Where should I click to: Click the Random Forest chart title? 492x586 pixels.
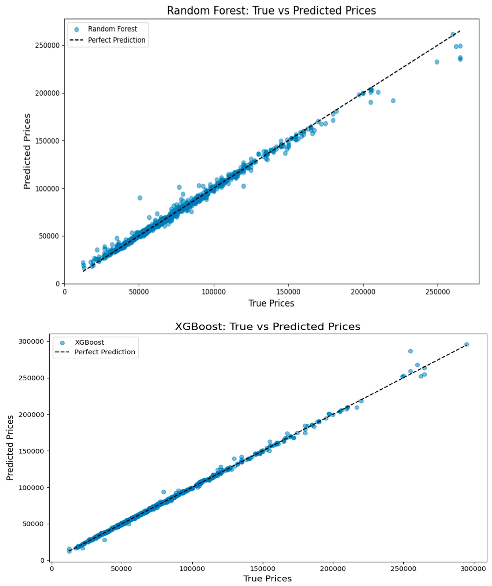coord(271,11)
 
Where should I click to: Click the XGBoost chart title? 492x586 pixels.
coord(267,327)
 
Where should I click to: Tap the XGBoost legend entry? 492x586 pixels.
coord(89,342)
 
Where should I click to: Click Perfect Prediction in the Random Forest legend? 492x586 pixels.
coord(116,40)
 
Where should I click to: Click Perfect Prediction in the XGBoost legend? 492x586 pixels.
coord(105,352)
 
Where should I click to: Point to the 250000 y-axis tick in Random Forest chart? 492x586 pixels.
coord(48,46)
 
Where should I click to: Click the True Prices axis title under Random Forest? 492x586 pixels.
coord(271,303)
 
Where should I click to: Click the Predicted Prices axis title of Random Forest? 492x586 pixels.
coord(27,151)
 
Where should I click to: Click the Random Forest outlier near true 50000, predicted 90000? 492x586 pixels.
coord(140,198)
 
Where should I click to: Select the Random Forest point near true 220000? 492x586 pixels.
coord(393,101)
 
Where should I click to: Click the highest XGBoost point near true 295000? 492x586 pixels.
coord(466,344)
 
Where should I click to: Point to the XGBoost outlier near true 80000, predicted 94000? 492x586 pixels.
coord(164,492)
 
